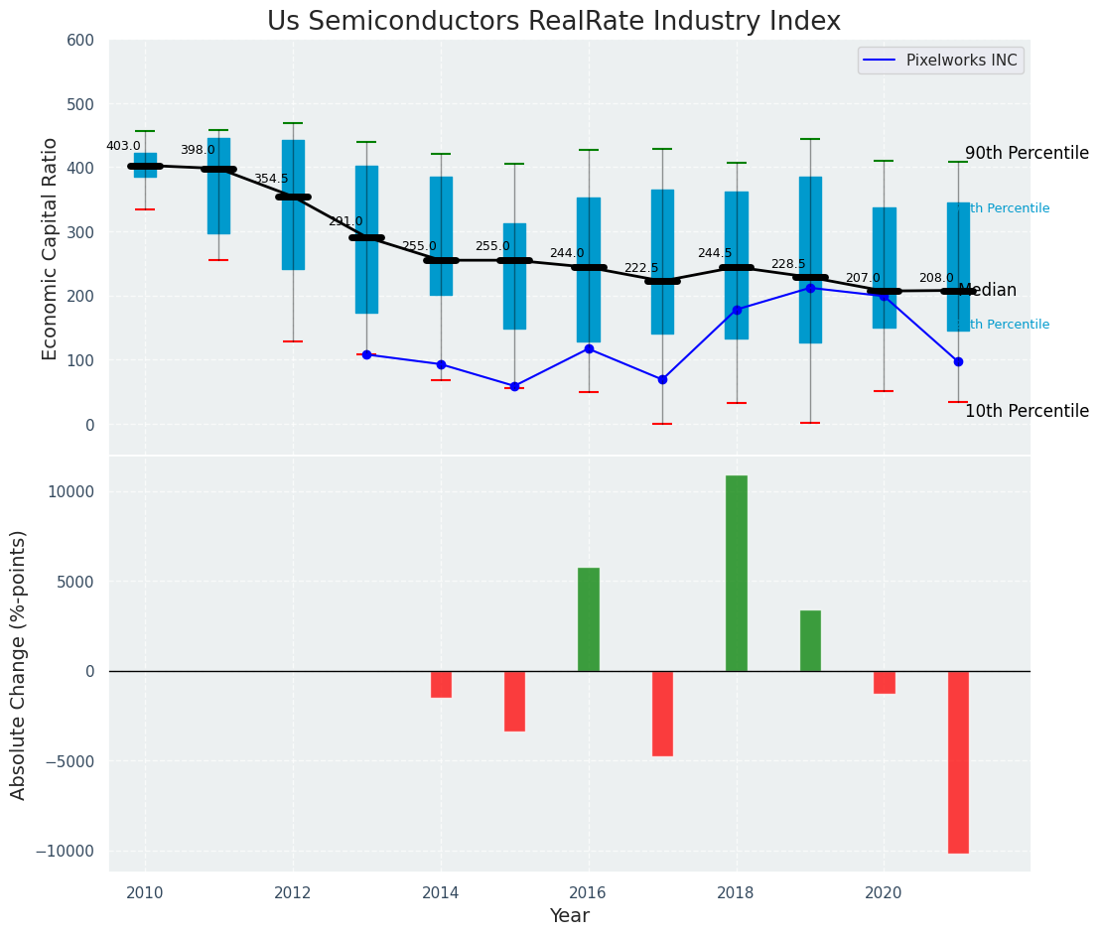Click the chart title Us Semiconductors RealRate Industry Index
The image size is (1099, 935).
pyautogui.click(x=553, y=22)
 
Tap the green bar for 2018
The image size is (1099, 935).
pyautogui.click(x=736, y=573)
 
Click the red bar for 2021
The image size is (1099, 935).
pyautogui.click(x=958, y=761)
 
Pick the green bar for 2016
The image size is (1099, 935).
pyautogui.click(x=589, y=619)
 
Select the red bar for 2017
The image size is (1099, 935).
pyautogui.click(x=662, y=713)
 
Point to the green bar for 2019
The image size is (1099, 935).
pyautogui.click(x=810, y=640)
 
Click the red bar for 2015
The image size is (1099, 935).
pyautogui.click(x=514, y=701)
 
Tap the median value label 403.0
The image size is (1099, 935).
pyautogui.click(x=123, y=146)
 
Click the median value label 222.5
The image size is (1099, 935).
pyautogui.click(x=640, y=268)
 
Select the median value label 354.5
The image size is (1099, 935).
pyautogui.click(x=271, y=179)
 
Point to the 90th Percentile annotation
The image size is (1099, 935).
pyautogui.click(x=1027, y=153)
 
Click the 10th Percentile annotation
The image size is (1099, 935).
pyautogui.click(x=1027, y=411)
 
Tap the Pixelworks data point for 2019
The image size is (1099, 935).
pyautogui.click(x=810, y=288)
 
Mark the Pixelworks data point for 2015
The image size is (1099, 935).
pyautogui.click(x=514, y=386)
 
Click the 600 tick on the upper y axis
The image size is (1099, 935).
pyautogui.click(x=80, y=41)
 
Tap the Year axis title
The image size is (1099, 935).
pyautogui.click(x=570, y=916)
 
